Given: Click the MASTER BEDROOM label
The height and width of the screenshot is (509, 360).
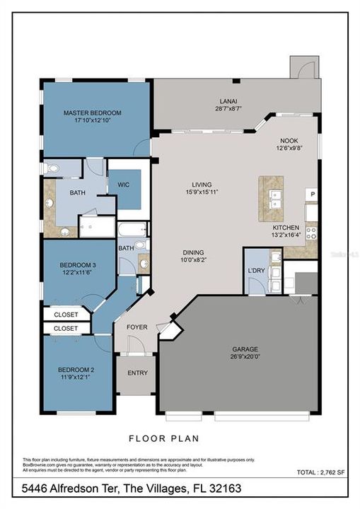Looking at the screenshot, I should pyautogui.click(x=92, y=112).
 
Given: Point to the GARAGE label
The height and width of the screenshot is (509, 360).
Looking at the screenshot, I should pyautogui.click(x=245, y=349).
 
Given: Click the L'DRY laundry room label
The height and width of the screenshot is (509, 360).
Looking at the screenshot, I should pyautogui.click(x=255, y=272).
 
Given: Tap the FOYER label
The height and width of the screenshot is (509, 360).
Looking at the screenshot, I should pyautogui.click(x=137, y=327).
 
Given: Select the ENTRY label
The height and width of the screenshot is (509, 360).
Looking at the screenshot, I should pyautogui.click(x=137, y=373).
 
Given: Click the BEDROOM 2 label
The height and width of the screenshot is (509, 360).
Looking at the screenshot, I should pyautogui.click(x=78, y=368).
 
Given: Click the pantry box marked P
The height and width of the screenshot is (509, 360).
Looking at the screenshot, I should pyautogui.click(x=312, y=194).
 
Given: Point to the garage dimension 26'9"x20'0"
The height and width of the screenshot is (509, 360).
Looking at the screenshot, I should pyautogui.click(x=245, y=358).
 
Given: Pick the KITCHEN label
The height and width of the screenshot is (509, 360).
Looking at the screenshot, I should pyautogui.click(x=286, y=228).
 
